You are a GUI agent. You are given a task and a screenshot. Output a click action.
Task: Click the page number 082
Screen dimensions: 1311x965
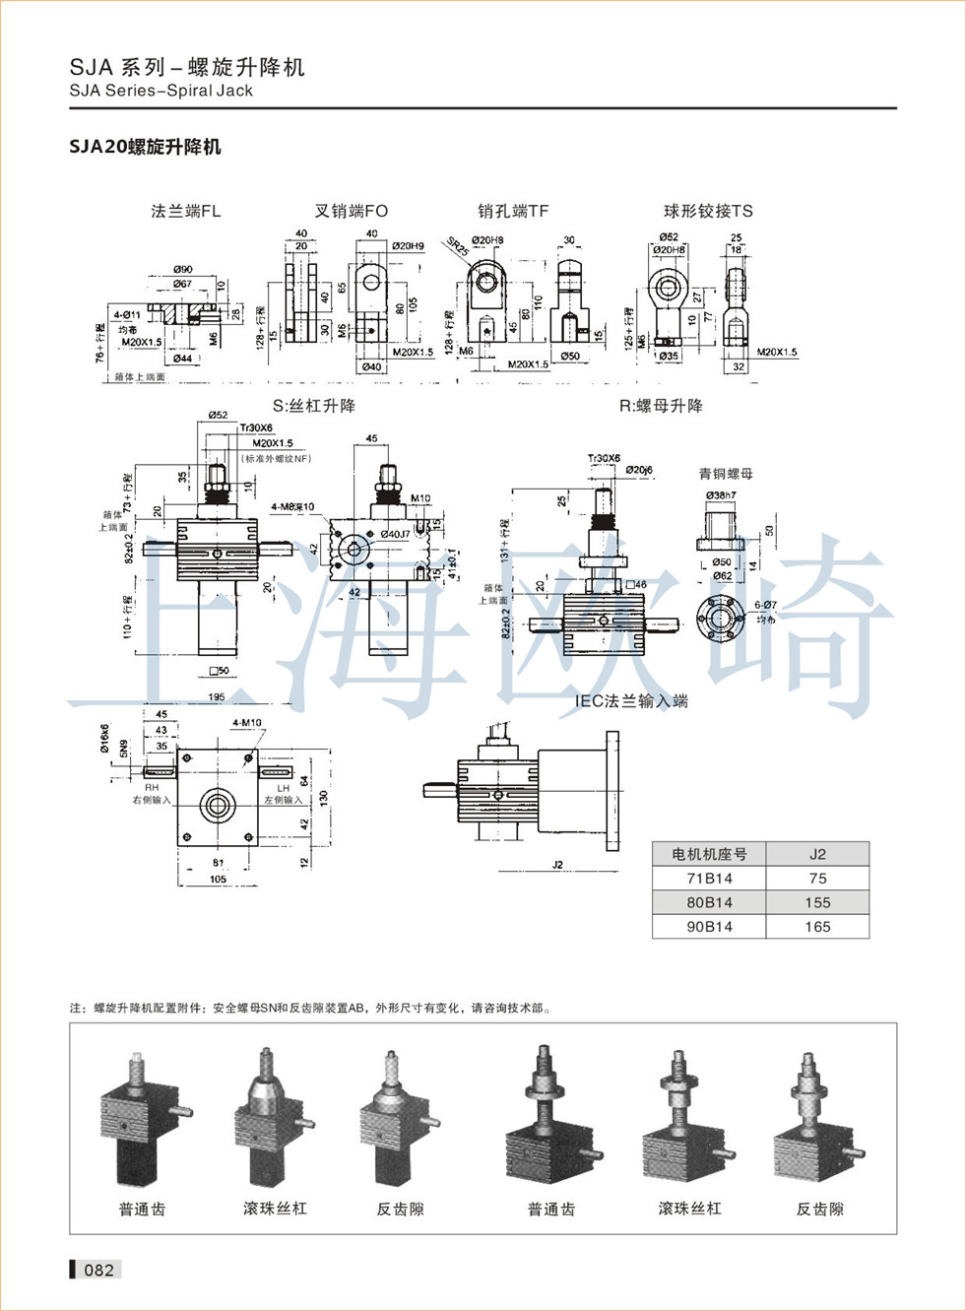coord(98,1270)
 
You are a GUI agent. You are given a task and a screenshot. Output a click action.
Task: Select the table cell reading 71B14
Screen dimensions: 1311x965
coord(709,879)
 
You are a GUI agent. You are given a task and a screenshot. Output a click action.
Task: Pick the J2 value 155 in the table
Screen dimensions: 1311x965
coord(817,902)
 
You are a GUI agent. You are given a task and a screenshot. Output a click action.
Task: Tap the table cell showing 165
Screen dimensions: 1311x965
coord(817,927)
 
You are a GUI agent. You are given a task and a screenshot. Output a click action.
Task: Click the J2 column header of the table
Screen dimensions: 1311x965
coord(817,854)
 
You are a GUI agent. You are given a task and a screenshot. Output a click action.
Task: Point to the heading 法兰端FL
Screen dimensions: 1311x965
coord(185,211)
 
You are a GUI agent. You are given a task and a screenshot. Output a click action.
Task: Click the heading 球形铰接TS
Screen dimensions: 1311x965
coord(708,211)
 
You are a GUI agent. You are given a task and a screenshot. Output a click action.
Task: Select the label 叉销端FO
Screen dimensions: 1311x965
coord(352,211)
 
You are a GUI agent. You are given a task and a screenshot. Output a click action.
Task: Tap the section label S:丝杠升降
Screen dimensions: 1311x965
coord(314,406)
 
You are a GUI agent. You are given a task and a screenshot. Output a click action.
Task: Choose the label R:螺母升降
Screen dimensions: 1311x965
coord(661,406)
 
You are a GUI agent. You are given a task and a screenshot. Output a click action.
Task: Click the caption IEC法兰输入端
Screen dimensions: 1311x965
coord(631,701)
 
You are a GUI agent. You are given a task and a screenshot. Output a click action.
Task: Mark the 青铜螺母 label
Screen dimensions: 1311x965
coord(726,474)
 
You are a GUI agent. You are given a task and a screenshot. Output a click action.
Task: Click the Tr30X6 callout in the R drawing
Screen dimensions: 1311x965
coord(604,458)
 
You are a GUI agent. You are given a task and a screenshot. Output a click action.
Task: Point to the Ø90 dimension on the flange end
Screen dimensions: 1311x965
coord(183,269)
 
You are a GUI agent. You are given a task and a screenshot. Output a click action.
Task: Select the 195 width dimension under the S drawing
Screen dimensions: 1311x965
coord(217,696)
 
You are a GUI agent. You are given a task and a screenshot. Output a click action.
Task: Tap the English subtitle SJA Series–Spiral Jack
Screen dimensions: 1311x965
coord(161,91)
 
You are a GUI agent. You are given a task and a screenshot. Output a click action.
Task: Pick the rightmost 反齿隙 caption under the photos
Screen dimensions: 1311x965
coord(819,1209)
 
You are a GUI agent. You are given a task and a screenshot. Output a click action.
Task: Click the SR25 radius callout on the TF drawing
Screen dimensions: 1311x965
coord(458,246)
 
